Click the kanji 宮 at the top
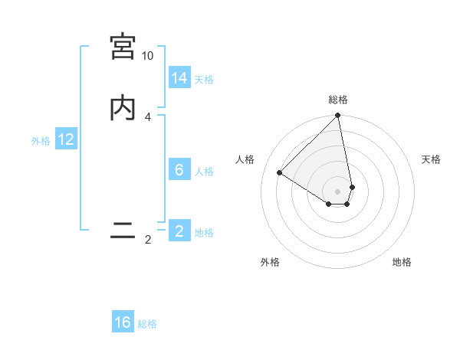point(123,47)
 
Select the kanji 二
point(123,231)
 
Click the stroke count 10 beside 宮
point(147,56)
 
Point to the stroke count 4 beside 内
point(147,117)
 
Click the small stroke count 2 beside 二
point(147,240)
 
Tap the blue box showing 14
point(179,78)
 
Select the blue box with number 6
point(179,170)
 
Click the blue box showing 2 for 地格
point(179,231)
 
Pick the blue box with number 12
point(66,139)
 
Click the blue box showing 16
point(123,322)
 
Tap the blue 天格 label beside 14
point(204,79)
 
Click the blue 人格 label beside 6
point(204,171)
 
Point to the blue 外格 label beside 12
point(41,141)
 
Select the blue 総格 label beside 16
point(147,324)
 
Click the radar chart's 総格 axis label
point(338,100)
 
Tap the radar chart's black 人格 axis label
point(245,159)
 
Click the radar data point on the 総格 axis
point(338,116)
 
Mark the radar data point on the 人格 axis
point(280,173)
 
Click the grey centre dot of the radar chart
point(338,191)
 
